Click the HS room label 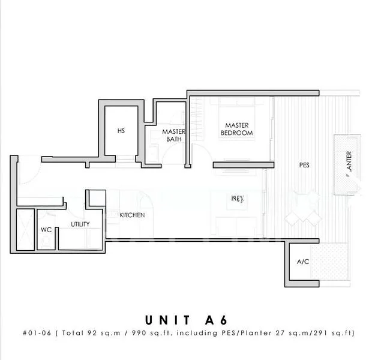pos(121,131)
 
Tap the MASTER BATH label pos(173,136)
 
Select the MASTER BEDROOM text pos(237,128)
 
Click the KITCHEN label pos(131,215)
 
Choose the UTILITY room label pos(80,224)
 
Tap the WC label pos(46,229)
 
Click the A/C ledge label pos(302,262)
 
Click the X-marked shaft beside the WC pos(26,230)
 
